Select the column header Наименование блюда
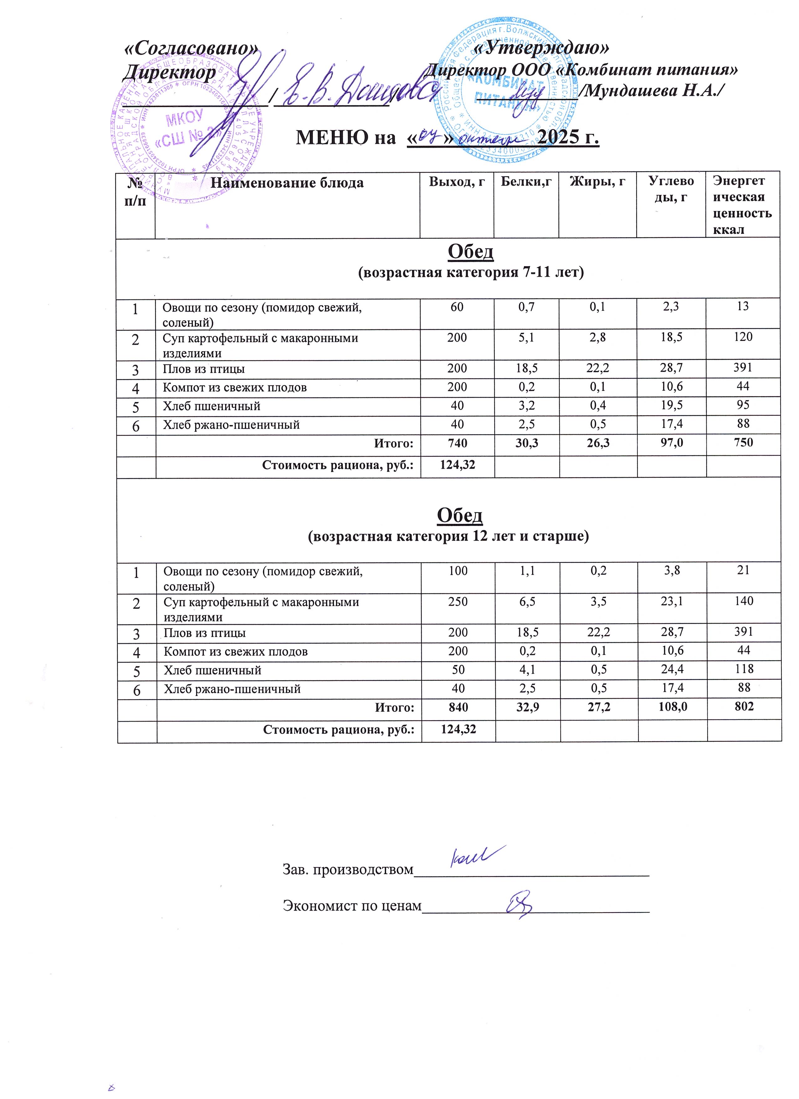point(287,183)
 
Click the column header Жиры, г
point(597,182)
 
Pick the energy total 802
point(744,706)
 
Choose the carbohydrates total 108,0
point(672,706)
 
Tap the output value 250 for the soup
point(458,601)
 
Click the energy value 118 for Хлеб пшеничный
point(744,669)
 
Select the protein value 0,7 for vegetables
point(526,306)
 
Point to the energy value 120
point(743,337)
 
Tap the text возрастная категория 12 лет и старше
point(449,537)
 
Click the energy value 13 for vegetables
point(742,306)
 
